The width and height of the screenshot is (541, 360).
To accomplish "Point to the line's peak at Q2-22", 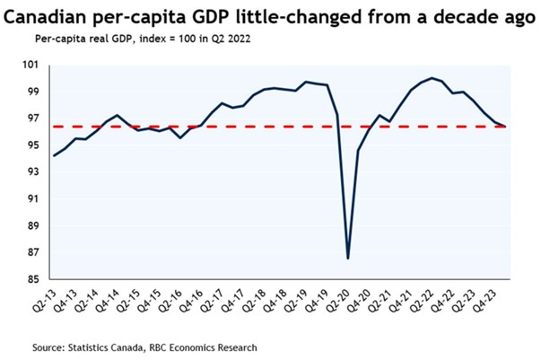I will click(432, 78).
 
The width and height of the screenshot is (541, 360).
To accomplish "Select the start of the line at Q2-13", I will click(54, 155).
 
